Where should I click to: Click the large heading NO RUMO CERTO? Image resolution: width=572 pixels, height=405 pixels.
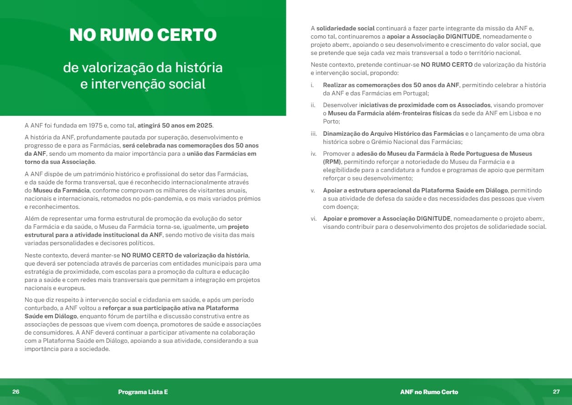pos(143,35)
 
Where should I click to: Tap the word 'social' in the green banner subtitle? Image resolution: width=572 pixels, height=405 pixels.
pos(187,84)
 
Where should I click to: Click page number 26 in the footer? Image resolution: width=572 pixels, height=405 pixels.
pos(16,391)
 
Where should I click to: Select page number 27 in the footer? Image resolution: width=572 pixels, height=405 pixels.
pos(556,391)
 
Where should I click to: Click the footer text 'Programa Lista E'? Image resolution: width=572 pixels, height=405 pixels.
pos(143,392)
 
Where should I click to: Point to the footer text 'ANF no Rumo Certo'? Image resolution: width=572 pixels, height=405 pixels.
pos(429,392)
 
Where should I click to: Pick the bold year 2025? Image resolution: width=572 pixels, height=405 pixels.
pos(204,125)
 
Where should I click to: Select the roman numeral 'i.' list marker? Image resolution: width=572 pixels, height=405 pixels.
pos(312,85)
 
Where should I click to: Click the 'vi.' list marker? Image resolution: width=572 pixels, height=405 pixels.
pos(313,218)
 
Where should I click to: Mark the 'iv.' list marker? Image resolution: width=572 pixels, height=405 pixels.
pos(313,153)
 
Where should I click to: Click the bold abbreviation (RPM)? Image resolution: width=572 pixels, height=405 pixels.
pos(333,162)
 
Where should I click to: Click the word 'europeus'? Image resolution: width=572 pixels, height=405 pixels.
pos(71,288)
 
